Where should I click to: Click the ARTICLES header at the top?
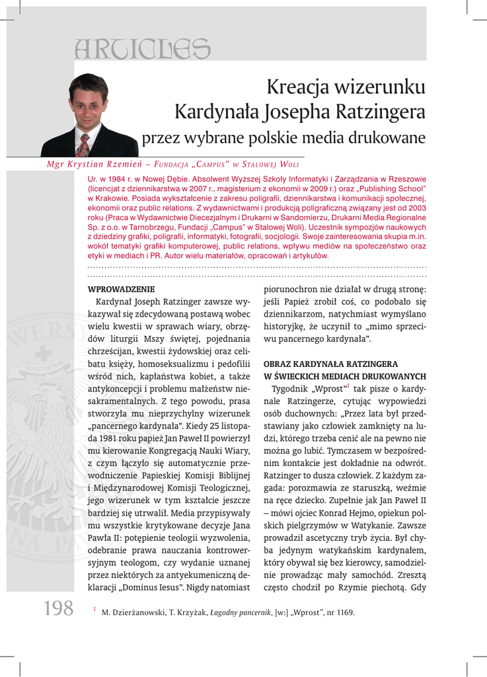click(142, 48)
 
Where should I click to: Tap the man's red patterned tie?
click(83, 145)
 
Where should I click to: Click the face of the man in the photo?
click(88, 106)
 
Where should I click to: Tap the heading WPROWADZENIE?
click(121, 289)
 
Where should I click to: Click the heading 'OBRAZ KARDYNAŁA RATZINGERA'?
click(330, 364)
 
